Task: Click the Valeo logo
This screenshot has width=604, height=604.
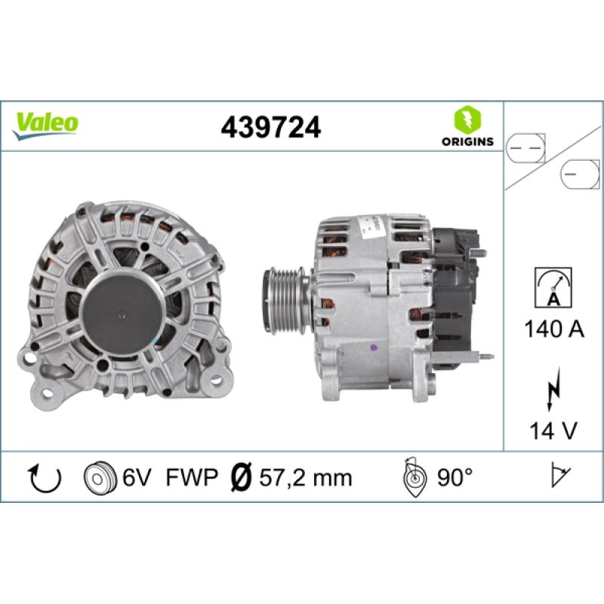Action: click(46, 123)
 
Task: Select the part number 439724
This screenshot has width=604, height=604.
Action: click(270, 127)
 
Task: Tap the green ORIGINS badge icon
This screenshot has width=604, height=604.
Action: click(467, 119)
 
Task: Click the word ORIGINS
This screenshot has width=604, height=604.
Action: click(467, 141)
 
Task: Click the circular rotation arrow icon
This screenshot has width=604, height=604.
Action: click(44, 477)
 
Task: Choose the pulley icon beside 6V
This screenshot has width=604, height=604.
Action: click(99, 477)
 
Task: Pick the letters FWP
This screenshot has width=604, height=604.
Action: click(193, 477)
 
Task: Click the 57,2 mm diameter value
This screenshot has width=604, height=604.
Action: click(306, 477)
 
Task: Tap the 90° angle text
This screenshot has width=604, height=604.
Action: click(455, 477)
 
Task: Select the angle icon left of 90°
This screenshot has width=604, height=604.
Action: click(414, 477)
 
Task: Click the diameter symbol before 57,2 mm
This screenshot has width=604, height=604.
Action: click(240, 477)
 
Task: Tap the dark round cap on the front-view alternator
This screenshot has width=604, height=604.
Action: click(122, 299)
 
